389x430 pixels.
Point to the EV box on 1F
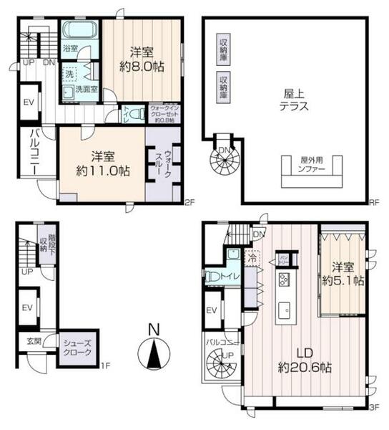tap(29, 307)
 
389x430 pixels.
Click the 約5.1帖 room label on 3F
tap(343, 274)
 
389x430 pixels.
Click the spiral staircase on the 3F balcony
tap(223, 369)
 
